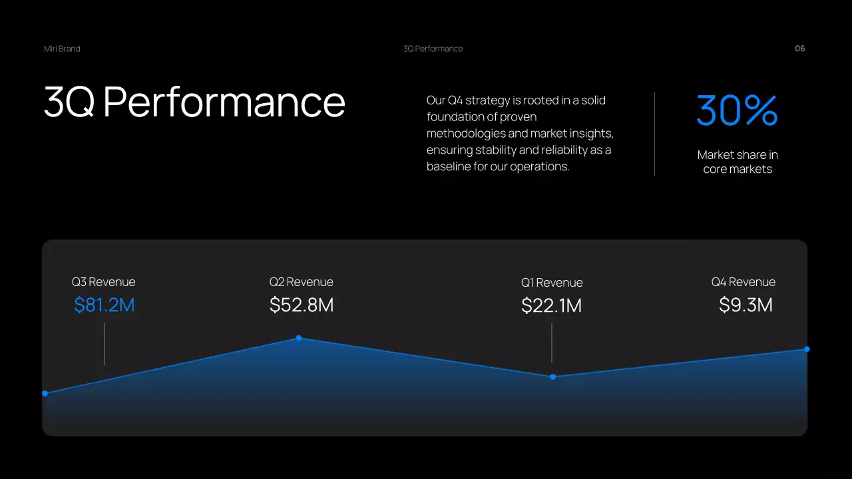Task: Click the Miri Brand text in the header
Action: [x=62, y=49]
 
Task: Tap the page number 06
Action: [x=800, y=49]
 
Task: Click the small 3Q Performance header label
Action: [x=433, y=49]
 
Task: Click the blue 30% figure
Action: [x=737, y=110]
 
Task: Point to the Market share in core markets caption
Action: [x=738, y=162]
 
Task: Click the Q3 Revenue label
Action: [x=103, y=282]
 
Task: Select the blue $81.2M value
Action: [x=105, y=305]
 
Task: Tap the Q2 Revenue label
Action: [x=301, y=282]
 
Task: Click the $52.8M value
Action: [x=302, y=305]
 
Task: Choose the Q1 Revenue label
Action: [x=552, y=283]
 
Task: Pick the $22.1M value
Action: [x=552, y=306]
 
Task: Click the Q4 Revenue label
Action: [x=743, y=282]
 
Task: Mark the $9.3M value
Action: [x=745, y=305]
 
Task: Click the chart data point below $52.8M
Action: [x=299, y=338]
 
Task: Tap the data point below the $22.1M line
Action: [x=552, y=377]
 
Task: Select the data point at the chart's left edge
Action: [x=45, y=393]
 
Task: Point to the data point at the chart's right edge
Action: [x=807, y=349]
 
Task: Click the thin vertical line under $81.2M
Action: [x=105, y=344]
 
